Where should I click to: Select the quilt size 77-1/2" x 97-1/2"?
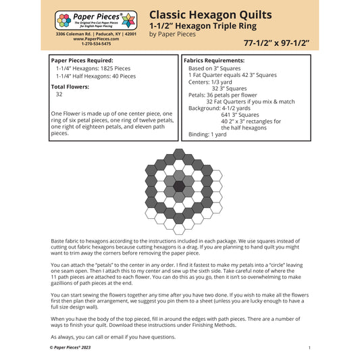pos(278,43)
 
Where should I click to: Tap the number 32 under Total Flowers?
pos(59,95)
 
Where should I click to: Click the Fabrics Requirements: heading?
pos(220,60)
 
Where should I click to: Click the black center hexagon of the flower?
pos(179,186)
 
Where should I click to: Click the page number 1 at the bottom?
pos(309,347)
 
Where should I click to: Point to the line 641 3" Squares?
pos(240,114)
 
